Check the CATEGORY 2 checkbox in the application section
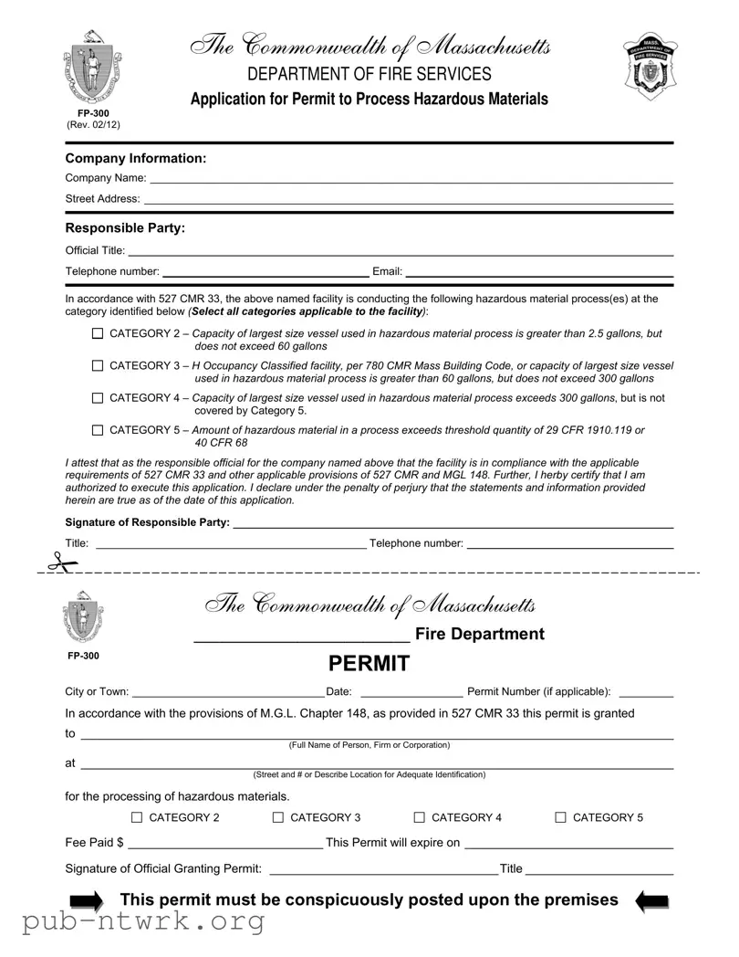pyautogui.click(x=98, y=334)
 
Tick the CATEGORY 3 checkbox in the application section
pyautogui.click(x=98, y=366)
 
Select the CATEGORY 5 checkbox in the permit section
pyautogui.click(x=561, y=818)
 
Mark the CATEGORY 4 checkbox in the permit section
pyautogui.click(x=420, y=818)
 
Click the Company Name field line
pyautogui.click(x=411, y=181)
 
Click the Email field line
pyautogui.click(x=538, y=273)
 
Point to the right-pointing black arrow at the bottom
pyautogui.click(x=88, y=902)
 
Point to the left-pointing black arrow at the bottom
pyautogui.click(x=652, y=902)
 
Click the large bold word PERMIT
pyautogui.click(x=369, y=664)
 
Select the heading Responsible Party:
pyautogui.click(x=125, y=228)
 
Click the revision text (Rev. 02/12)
pyautogui.click(x=93, y=125)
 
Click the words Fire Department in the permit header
pyautogui.click(x=479, y=634)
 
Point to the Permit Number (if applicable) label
pyautogui.click(x=538, y=692)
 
